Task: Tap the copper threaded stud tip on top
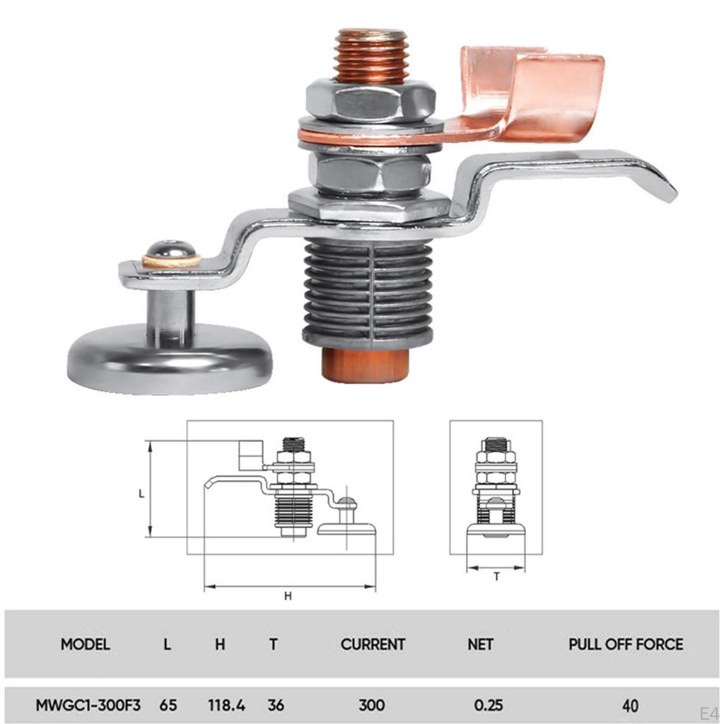370,55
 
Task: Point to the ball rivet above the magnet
171,251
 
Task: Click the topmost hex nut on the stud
370,100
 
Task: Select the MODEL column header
86,644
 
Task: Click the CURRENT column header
373,644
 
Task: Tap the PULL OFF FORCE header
626,644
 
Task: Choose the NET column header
480,644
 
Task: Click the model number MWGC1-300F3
88,705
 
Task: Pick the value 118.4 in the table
226,705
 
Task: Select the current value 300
372,705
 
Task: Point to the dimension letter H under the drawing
288,596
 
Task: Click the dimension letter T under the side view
496,577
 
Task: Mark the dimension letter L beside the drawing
141,494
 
